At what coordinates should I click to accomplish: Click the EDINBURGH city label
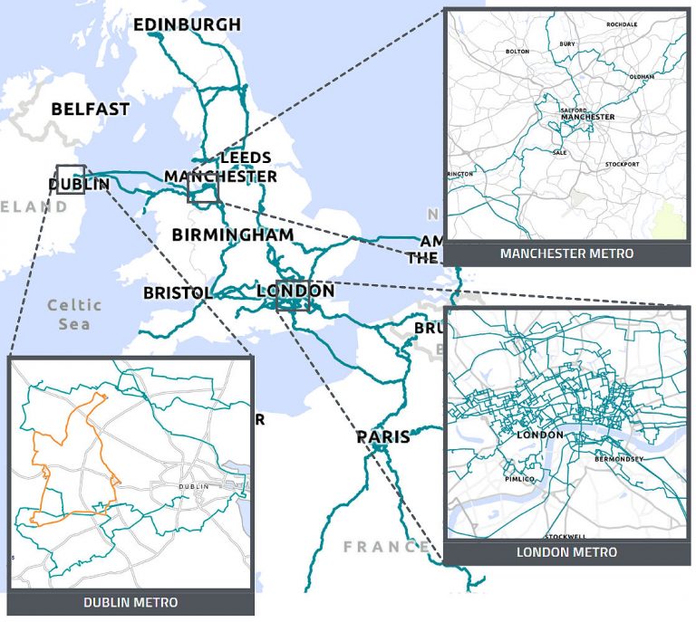point(187,24)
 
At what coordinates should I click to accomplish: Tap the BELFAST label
point(90,109)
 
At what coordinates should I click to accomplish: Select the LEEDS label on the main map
point(245,158)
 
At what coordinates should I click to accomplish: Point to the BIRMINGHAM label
point(233,234)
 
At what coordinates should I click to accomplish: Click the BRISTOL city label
point(178,293)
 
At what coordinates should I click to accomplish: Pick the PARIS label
point(382,437)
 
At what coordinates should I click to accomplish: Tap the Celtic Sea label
point(74,313)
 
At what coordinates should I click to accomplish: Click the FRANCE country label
point(384,546)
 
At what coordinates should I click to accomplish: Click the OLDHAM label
point(641,77)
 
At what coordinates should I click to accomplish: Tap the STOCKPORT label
point(622,164)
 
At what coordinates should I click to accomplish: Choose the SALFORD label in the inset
point(575,110)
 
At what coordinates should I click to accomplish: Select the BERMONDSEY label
point(619,459)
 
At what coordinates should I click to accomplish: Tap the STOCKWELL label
point(566,536)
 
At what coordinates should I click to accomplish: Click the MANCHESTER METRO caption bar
point(566,254)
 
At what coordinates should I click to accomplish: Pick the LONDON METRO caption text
point(566,552)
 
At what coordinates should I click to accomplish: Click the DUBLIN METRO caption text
point(130,602)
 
